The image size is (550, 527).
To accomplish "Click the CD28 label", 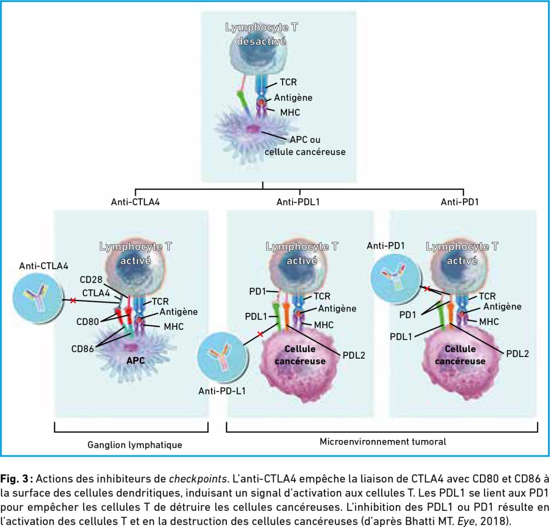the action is point(91,280).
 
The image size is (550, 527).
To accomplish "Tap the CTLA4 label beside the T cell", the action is point(96,293).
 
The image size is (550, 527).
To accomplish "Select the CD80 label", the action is point(87,322).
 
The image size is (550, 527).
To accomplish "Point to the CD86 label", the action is point(82,349).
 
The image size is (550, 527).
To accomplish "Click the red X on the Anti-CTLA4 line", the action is point(73,300).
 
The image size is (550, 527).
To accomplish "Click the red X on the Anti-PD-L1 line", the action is point(260,334).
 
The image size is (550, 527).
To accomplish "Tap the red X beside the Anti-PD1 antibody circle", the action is point(427,289).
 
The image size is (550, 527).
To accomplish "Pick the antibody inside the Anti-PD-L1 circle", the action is point(222,357).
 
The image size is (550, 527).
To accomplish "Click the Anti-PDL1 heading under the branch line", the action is point(298,202).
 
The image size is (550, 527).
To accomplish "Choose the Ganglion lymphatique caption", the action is point(135,445).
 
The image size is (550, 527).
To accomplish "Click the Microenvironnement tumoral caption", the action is point(383,442).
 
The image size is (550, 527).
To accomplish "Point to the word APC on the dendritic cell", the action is point(135,360).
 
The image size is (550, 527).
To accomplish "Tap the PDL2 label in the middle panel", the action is point(354,355).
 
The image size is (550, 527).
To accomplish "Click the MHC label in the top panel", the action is point(290,112).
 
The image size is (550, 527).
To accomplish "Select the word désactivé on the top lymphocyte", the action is point(261,42).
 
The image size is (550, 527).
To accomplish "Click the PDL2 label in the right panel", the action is point(517,354).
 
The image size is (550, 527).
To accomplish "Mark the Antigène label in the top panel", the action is point(293,98).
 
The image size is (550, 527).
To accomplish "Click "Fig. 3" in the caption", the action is point(14,479).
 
